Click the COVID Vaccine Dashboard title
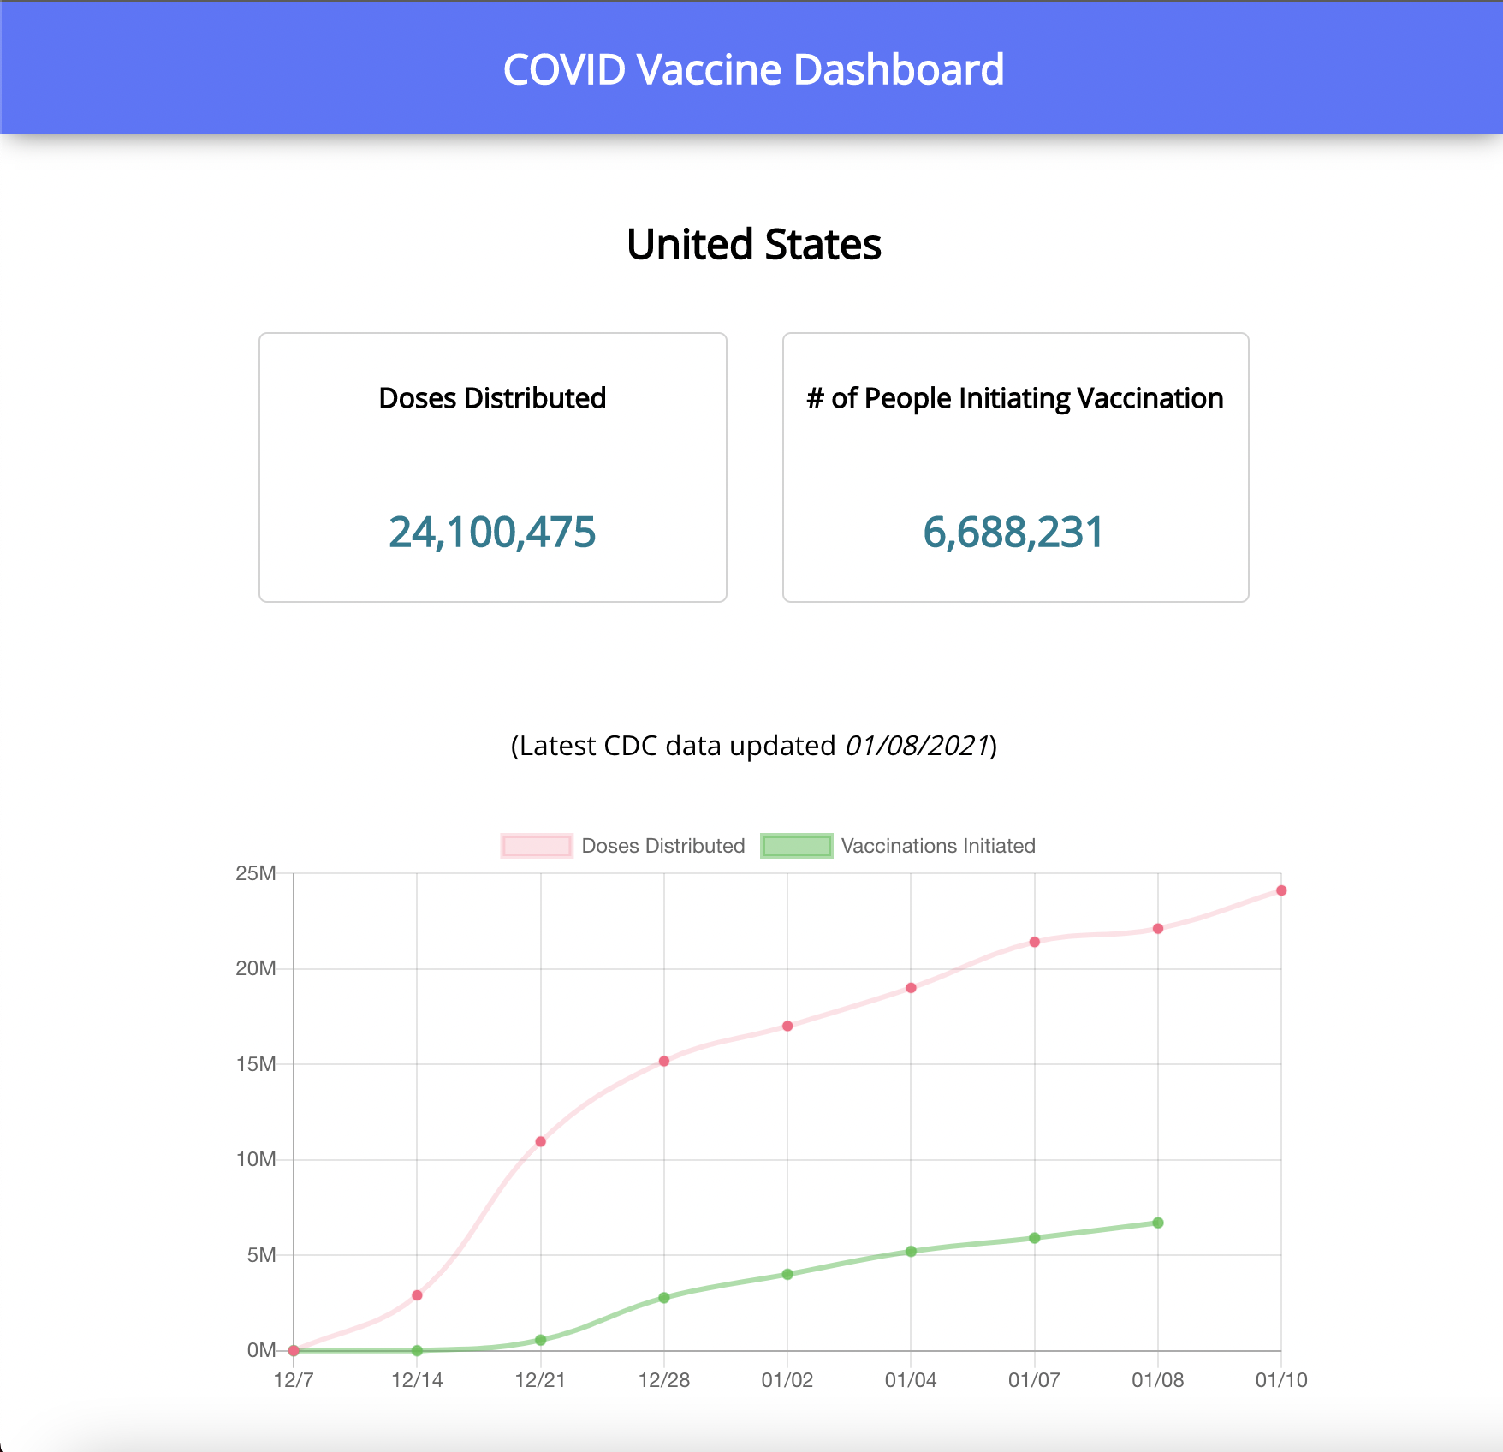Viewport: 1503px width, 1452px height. click(753, 69)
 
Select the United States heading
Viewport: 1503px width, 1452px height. click(753, 245)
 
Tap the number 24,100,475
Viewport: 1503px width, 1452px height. click(492, 532)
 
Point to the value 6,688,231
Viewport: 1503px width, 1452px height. click(1014, 532)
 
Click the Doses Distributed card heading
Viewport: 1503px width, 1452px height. click(492, 398)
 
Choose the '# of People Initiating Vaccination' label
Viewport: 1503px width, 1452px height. click(1015, 398)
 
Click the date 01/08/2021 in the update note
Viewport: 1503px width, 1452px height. click(917, 746)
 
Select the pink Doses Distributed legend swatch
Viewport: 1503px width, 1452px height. click(537, 846)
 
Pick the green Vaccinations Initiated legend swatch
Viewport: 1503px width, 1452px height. click(796, 846)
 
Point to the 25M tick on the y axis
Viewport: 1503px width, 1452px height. click(256, 873)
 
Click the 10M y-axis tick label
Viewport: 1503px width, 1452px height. click(256, 1159)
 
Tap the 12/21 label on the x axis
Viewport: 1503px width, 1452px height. click(540, 1380)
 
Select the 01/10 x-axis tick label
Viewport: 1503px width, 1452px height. click(1280, 1380)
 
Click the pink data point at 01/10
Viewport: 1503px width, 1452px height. click(1281, 890)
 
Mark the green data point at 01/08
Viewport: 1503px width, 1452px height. click(1158, 1223)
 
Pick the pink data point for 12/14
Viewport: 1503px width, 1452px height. click(417, 1295)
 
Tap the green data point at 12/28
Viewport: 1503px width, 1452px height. click(664, 1298)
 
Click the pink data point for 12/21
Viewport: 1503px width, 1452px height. click(540, 1141)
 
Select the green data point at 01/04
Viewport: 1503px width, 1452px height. click(911, 1252)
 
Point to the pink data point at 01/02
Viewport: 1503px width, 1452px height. click(787, 1026)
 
